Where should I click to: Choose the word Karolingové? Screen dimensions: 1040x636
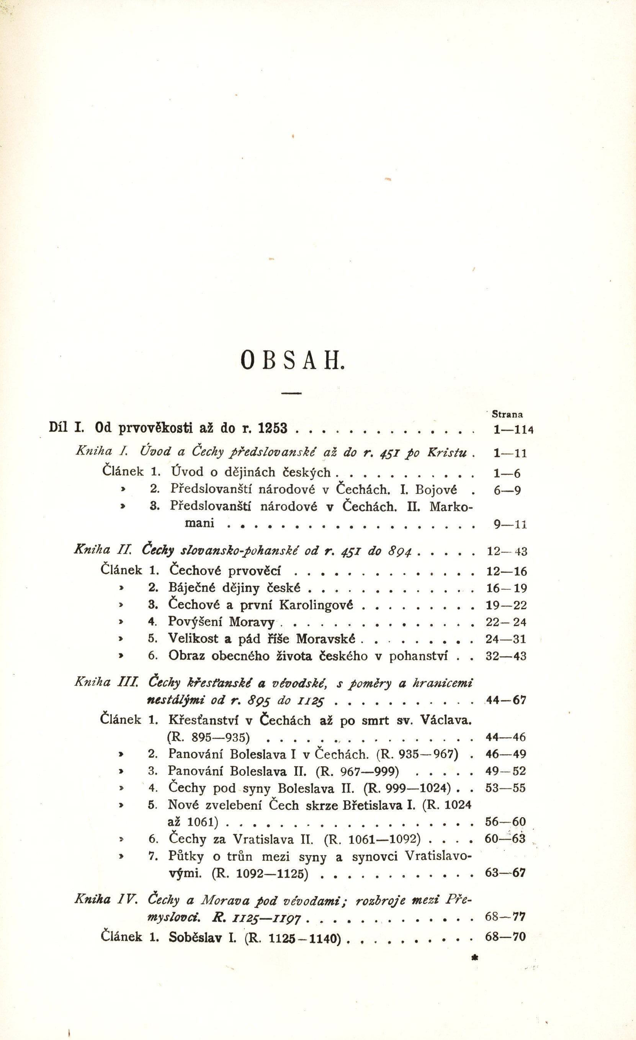tap(316, 605)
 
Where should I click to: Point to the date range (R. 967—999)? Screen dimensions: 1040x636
tap(358, 771)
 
